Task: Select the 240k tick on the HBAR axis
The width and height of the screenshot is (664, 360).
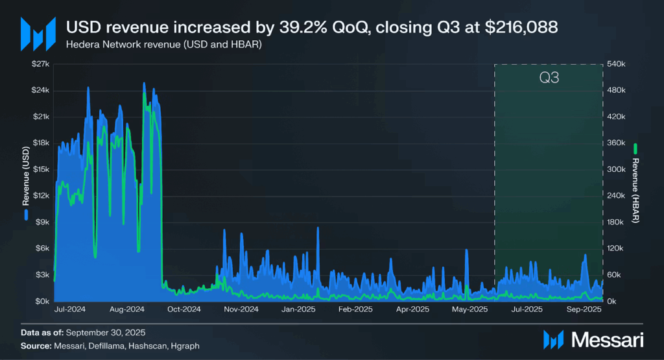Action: coord(616,196)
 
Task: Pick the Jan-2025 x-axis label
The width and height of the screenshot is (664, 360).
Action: coord(298,309)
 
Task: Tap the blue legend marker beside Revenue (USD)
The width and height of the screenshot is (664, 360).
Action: coord(27,213)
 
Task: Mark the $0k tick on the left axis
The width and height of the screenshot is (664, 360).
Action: coord(43,301)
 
